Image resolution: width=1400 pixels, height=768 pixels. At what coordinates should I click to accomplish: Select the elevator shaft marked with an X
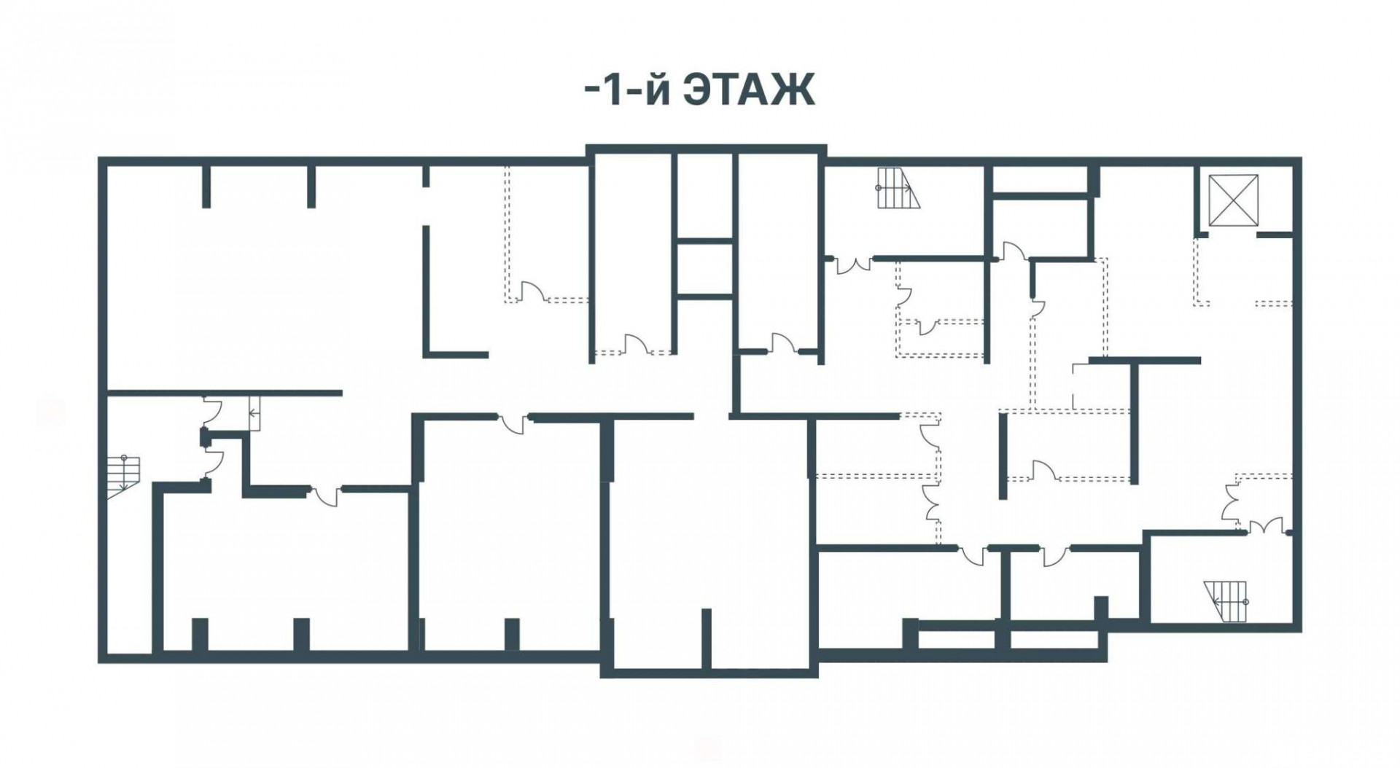(1233, 200)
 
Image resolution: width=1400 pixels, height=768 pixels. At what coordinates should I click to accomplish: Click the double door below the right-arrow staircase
(854, 265)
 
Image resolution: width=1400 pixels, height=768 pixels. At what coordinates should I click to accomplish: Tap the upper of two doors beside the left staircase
(211, 412)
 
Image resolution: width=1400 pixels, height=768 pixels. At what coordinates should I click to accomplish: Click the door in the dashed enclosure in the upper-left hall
(532, 292)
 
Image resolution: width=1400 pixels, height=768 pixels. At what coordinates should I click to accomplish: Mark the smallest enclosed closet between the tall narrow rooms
(704, 267)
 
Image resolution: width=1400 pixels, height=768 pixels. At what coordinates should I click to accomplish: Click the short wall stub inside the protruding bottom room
(706, 638)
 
